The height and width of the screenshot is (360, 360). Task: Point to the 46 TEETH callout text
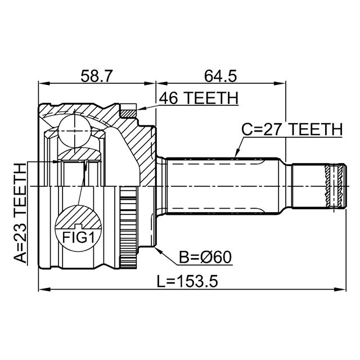(x=199, y=98)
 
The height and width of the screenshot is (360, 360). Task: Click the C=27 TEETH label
(x=291, y=130)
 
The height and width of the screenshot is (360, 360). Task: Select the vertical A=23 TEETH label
(x=20, y=213)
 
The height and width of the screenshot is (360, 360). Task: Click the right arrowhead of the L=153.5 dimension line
(x=341, y=290)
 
